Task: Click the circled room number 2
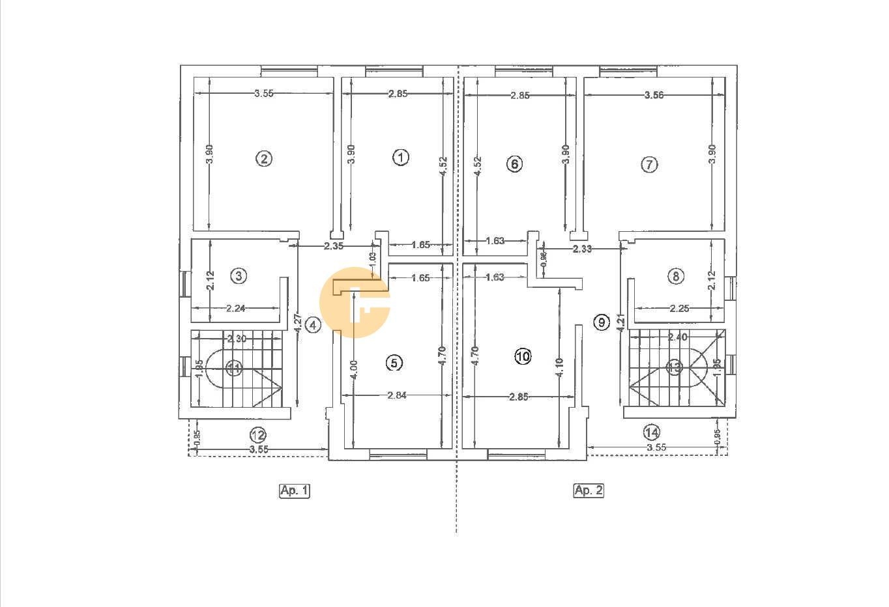(263, 159)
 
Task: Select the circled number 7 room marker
(649, 165)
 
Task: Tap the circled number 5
(394, 363)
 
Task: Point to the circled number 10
(523, 356)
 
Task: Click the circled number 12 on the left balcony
(258, 434)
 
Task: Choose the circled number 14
(651, 431)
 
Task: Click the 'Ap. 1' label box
(294, 490)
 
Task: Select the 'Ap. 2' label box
(588, 490)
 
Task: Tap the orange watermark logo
(355, 302)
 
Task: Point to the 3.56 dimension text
(654, 95)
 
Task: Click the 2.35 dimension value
(334, 246)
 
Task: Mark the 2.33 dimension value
(582, 249)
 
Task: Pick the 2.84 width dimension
(396, 395)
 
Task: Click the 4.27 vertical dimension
(297, 324)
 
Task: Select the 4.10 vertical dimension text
(559, 369)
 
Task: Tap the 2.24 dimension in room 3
(235, 309)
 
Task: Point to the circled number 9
(601, 321)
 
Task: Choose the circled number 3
(239, 276)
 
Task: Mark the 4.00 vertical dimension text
(353, 371)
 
